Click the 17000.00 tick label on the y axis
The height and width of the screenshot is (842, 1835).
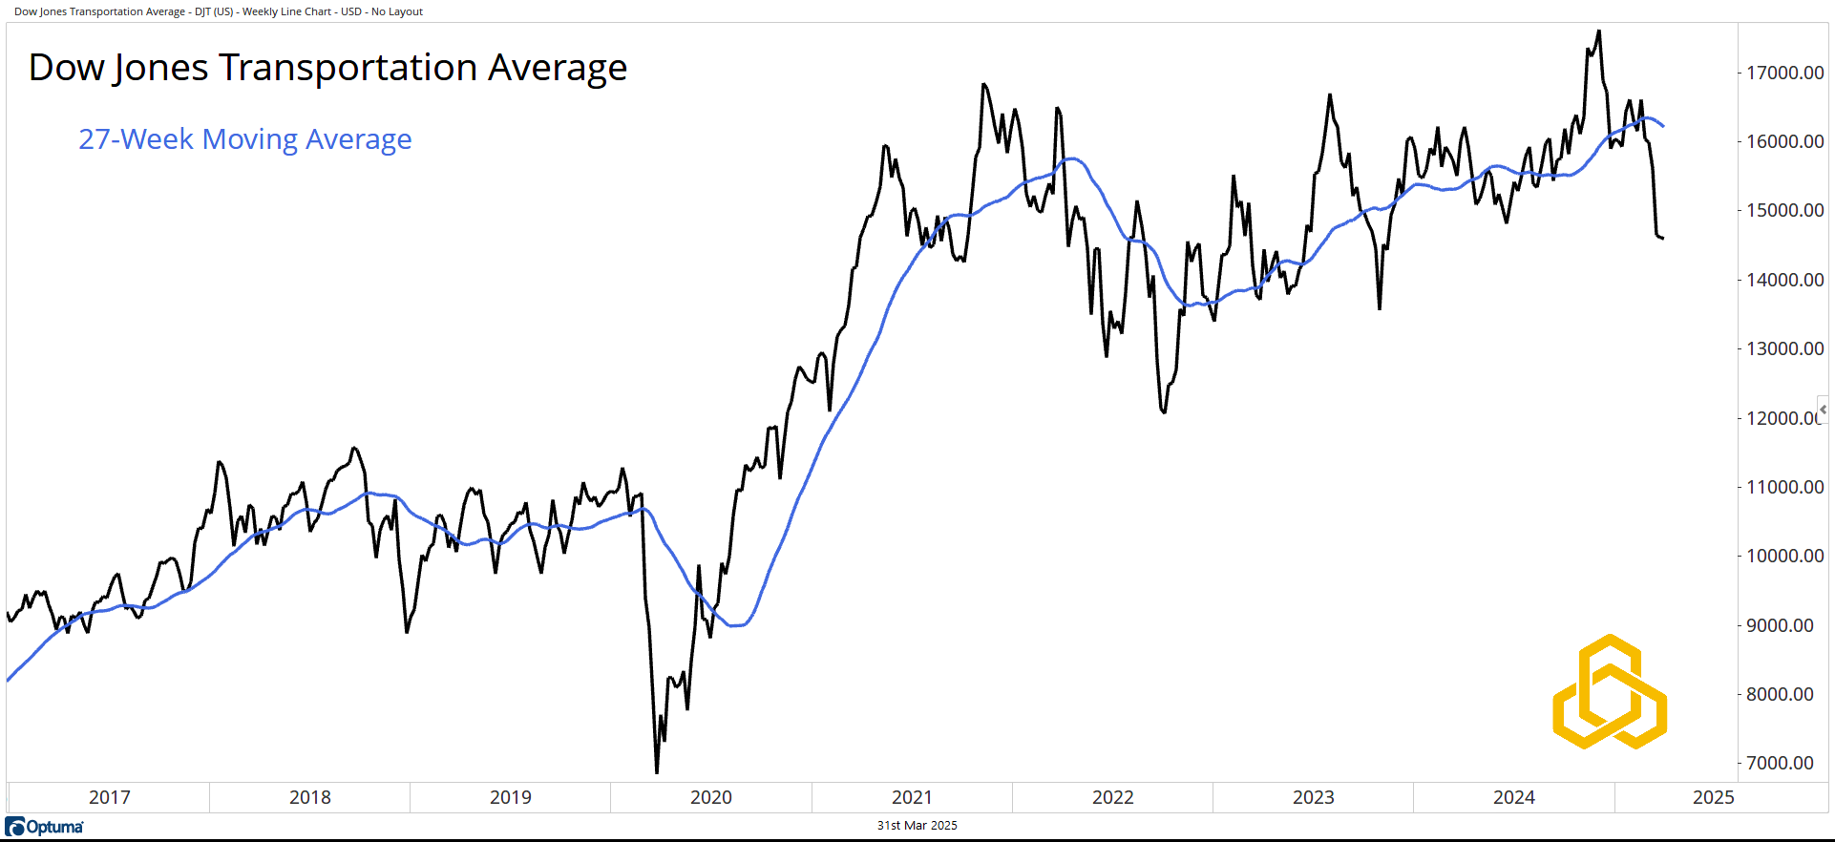[x=1784, y=73]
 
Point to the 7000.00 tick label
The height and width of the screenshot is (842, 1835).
[x=1780, y=763]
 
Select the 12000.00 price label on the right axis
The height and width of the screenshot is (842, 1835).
[x=1782, y=418]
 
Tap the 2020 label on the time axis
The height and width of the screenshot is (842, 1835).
[x=711, y=797]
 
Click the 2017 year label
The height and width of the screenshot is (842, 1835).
[x=110, y=797]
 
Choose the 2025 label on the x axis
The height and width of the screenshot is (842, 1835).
[x=1713, y=797]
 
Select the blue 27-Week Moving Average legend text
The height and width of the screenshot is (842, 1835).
[x=245, y=139]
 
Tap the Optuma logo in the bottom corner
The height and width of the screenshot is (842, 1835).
[x=45, y=827]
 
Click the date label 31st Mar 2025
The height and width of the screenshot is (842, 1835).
[x=917, y=826]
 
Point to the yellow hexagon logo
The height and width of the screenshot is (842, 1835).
[x=1610, y=691]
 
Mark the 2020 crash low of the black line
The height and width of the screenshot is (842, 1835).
[x=657, y=771]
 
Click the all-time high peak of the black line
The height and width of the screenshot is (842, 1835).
[x=1599, y=32]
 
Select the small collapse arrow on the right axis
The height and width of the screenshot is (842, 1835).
[x=1823, y=410]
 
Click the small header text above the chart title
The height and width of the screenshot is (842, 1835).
[x=219, y=11]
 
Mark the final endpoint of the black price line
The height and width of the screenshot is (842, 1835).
[x=1662, y=238]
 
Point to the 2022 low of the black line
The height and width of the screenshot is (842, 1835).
[x=1164, y=412]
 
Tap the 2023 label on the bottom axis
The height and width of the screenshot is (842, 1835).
[x=1313, y=797]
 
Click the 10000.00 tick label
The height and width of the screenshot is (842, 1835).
[x=1784, y=556]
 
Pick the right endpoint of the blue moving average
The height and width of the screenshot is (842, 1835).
[x=1663, y=126]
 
